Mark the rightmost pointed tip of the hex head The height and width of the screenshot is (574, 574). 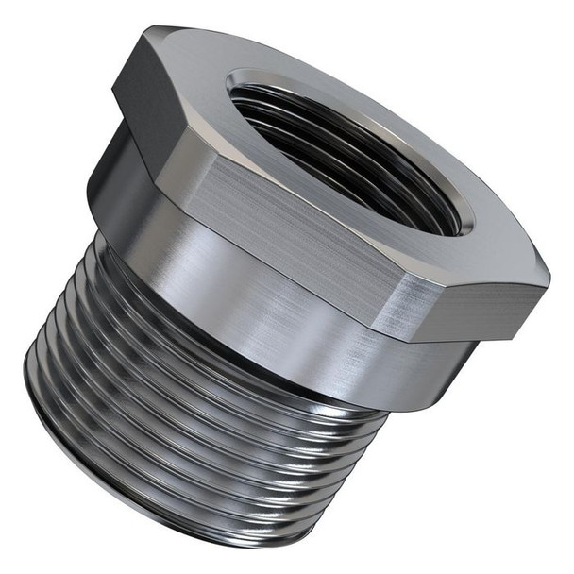coord(549,276)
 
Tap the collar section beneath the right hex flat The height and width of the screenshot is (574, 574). coord(434,368)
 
